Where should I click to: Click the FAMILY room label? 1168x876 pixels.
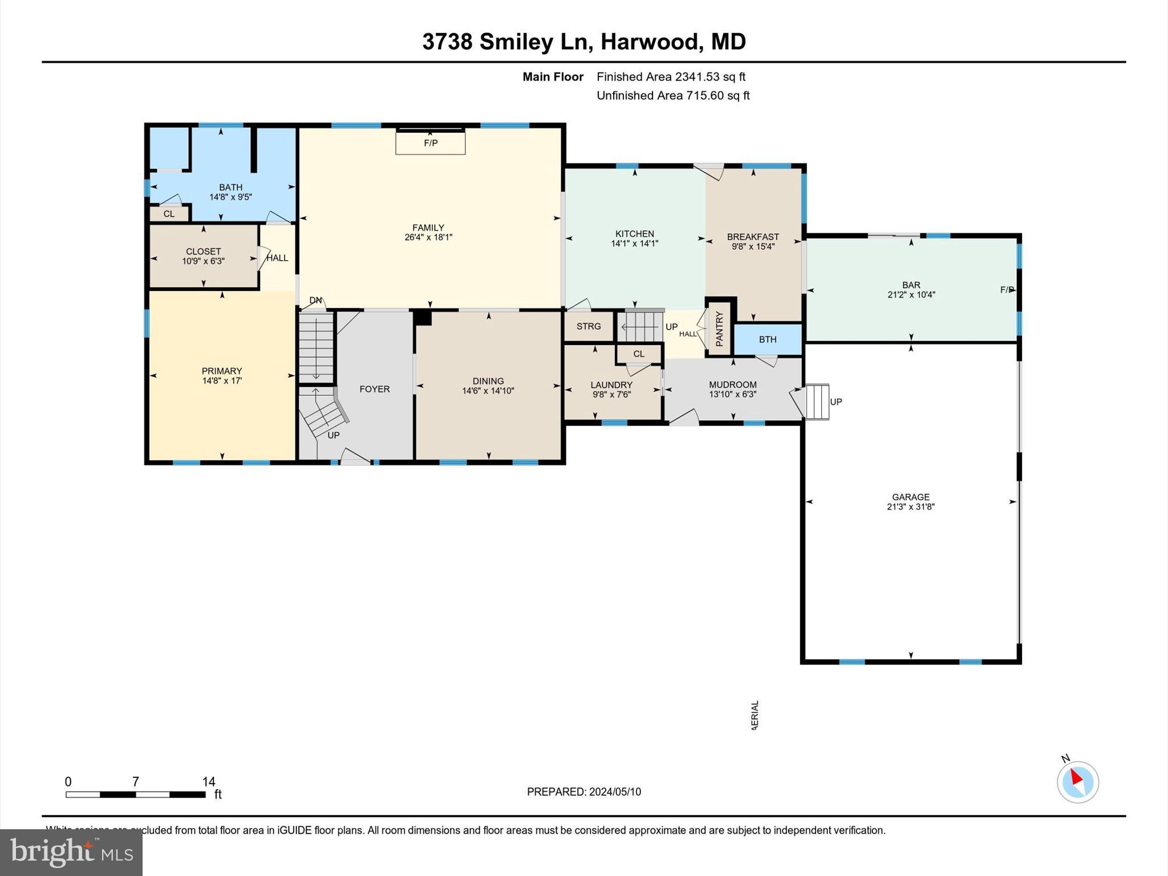428,228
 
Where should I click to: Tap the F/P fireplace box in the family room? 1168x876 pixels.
431,143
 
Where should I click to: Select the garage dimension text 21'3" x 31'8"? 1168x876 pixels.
910,506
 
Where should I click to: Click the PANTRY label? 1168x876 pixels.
719,328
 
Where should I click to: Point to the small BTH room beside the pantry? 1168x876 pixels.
768,339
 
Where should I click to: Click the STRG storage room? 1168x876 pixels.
589,326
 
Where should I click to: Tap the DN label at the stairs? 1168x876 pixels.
315,300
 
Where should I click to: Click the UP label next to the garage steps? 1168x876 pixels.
836,401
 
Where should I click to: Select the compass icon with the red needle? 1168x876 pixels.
1077,782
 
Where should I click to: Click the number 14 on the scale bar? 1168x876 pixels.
208,782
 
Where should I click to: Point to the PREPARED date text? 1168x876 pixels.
583,792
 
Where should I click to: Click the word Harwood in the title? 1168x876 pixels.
650,42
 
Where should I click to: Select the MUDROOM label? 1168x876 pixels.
732,384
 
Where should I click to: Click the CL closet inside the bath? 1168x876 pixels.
169,214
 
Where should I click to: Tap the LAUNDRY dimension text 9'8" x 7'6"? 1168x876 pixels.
611,394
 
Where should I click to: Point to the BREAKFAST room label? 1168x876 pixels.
753,237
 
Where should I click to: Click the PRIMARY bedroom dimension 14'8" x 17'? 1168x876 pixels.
222,380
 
